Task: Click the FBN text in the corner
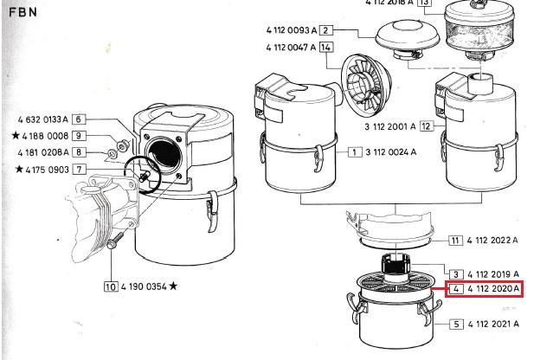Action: coord(23,14)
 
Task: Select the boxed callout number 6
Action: coord(78,119)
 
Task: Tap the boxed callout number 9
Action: coord(78,136)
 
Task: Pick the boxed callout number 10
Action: coord(110,286)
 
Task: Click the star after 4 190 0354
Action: coord(174,286)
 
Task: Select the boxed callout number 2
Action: coord(326,30)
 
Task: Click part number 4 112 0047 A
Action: coord(292,47)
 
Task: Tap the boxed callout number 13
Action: coord(423,3)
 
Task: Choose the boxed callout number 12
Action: coord(426,127)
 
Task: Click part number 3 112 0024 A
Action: coord(392,151)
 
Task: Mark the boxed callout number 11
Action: coord(455,240)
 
